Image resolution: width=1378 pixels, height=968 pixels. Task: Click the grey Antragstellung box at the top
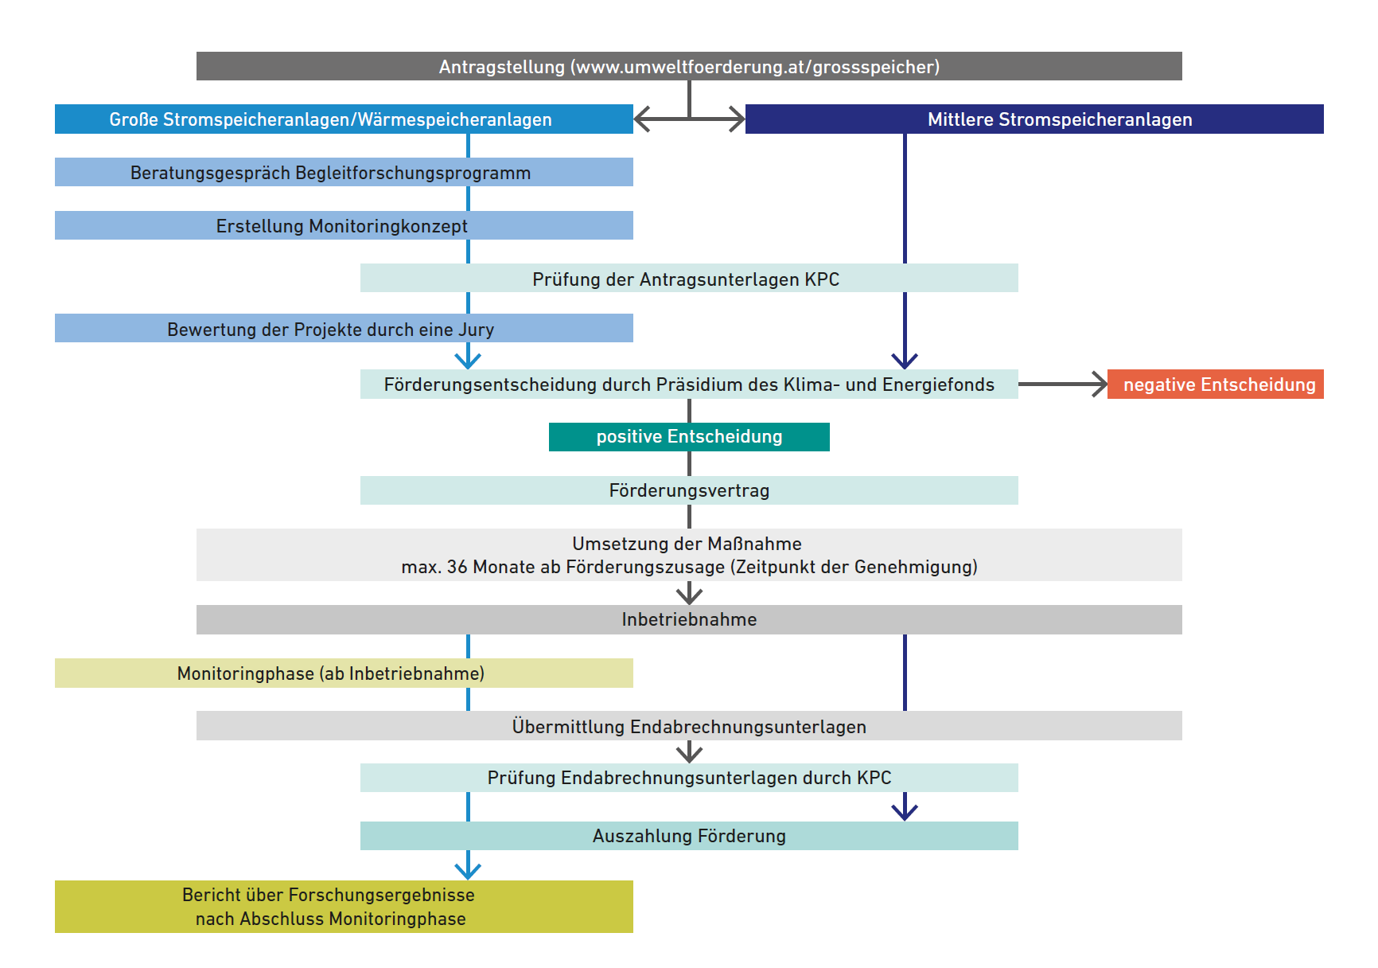point(689,66)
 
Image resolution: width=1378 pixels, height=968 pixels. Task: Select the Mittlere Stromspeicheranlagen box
point(1034,119)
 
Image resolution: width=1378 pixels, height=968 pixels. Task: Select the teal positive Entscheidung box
point(689,436)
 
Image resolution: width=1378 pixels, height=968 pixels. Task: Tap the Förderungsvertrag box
point(689,490)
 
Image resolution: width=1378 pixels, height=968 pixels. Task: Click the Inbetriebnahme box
point(689,619)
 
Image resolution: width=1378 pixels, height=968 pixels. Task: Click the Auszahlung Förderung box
point(689,835)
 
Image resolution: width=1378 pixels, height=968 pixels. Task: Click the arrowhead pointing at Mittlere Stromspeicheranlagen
point(738,119)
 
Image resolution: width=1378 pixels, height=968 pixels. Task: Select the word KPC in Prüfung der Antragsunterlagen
point(822,279)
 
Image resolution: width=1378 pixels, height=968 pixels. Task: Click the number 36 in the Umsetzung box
point(457,567)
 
